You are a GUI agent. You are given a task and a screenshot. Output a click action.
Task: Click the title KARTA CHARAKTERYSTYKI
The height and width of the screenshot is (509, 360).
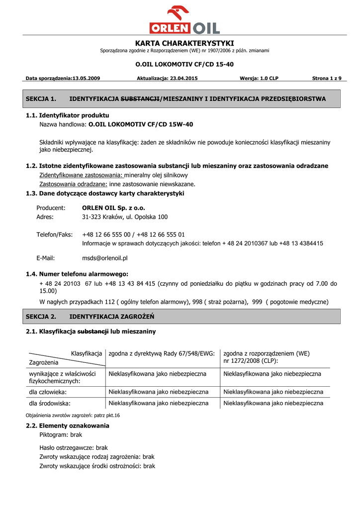click(x=184, y=43)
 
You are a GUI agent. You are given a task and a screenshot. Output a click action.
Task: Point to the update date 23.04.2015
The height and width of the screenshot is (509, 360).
click(x=183, y=79)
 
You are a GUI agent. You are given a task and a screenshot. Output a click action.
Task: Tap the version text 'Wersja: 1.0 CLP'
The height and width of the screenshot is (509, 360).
click(x=259, y=79)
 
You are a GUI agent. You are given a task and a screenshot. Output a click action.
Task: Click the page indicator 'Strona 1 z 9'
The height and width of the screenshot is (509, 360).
click(x=327, y=79)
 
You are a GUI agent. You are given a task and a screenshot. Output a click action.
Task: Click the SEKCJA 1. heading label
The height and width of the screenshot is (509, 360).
click(x=41, y=99)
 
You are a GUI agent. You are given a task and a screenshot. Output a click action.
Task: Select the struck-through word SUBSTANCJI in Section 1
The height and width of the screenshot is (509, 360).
click(x=141, y=99)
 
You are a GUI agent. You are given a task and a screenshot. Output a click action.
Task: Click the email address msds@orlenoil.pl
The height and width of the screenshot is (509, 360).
click(x=105, y=258)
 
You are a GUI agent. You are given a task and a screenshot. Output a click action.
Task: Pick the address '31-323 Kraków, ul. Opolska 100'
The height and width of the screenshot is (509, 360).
click(x=125, y=217)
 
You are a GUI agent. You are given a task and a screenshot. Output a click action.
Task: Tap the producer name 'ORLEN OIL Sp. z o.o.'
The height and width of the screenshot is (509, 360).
click(x=113, y=208)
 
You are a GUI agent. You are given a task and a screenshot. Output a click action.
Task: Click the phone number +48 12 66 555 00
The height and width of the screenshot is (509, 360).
click(x=106, y=234)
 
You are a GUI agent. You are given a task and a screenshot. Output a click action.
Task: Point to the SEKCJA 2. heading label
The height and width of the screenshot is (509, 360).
click(x=41, y=317)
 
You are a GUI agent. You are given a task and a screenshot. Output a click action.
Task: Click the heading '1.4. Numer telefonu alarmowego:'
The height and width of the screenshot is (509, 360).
click(x=77, y=274)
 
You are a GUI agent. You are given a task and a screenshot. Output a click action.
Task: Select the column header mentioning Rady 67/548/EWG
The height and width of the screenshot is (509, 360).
click(x=162, y=353)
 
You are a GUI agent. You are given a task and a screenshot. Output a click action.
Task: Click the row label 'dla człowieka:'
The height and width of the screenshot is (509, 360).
click(x=48, y=392)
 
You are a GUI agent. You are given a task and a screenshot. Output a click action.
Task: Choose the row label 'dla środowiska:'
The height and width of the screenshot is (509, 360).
click(x=50, y=403)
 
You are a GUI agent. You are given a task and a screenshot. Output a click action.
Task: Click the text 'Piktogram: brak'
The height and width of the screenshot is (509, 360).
click(x=61, y=434)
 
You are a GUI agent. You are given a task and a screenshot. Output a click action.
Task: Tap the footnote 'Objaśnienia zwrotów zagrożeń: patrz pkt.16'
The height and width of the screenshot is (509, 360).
click(x=73, y=415)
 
